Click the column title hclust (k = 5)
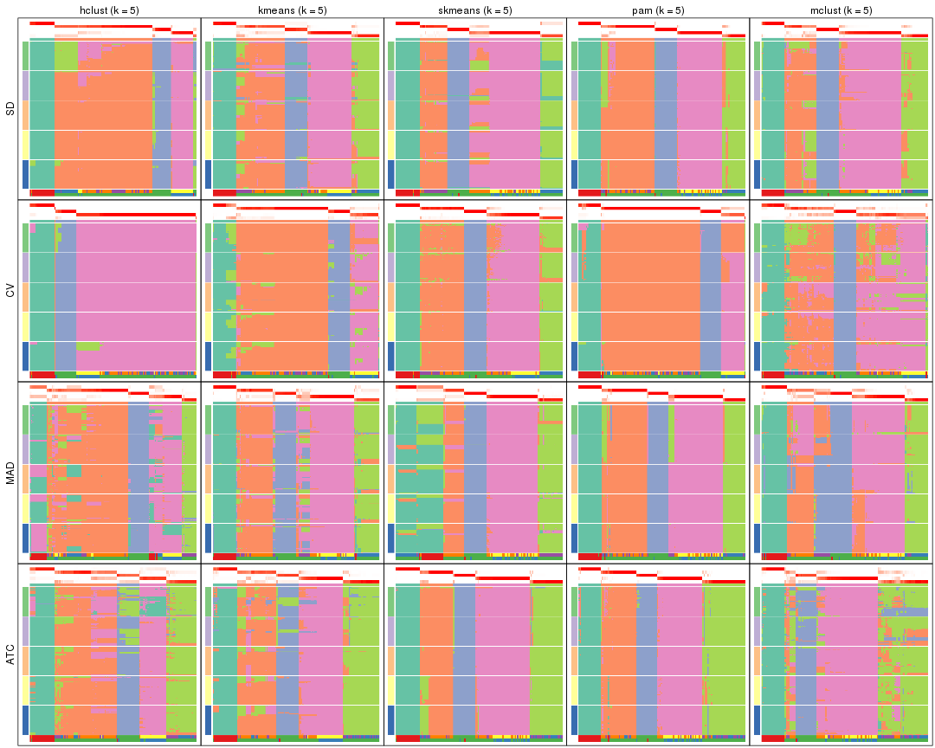coord(109,10)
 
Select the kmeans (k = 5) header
coord(292,10)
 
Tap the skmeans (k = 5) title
coord(474,10)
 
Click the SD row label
coord(10,109)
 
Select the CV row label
coord(10,291)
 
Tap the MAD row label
coord(10,474)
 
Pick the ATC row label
coord(10,656)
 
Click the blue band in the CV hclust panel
coord(65,294)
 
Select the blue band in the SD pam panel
coord(665,113)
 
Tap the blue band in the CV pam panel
coord(710,294)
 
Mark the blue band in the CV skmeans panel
coord(474,294)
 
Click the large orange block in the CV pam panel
coord(649,294)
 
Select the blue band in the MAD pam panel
coord(658,477)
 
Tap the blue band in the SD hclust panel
coord(161,113)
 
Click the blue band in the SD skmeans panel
coord(458,113)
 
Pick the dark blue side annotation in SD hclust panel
coord(25,174)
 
